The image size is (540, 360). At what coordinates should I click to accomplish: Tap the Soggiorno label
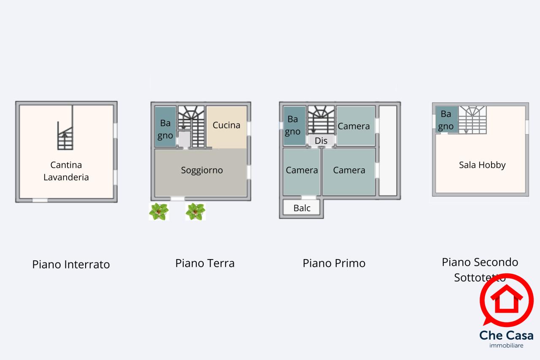[202, 171]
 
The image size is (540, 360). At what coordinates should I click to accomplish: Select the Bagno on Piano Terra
[165, 127]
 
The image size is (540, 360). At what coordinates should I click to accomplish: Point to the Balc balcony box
[302, 208]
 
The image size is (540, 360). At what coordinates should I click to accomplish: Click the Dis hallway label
[321, 141]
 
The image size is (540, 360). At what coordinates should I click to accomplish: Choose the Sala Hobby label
[482, 165]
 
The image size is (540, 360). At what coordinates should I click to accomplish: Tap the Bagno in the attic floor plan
[446, 120]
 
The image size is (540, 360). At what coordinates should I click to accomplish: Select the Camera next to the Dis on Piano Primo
[354, 126]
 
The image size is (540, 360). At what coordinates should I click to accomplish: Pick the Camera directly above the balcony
[302, 170]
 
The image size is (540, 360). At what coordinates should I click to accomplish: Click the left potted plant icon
[159, 211]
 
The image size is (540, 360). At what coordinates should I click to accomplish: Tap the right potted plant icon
[195, 211]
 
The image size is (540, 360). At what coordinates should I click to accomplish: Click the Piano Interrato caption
[71, 265]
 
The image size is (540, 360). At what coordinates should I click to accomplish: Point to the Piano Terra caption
[205, 263]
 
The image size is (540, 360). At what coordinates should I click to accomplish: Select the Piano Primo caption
[334, 263]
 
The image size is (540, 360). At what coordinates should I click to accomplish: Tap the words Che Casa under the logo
[506, 336]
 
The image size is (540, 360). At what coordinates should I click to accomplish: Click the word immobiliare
[506, 346]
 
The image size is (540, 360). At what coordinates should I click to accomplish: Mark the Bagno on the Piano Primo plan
[293, 125]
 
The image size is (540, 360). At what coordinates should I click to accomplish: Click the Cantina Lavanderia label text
[66, 171]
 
